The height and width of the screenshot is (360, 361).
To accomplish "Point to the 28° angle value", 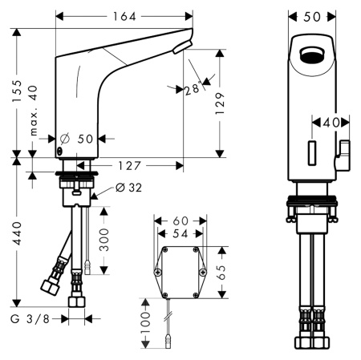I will click(191, 89).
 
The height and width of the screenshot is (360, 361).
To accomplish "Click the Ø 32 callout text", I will click(129, 188).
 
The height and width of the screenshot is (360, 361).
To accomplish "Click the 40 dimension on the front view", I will click(331, 123).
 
